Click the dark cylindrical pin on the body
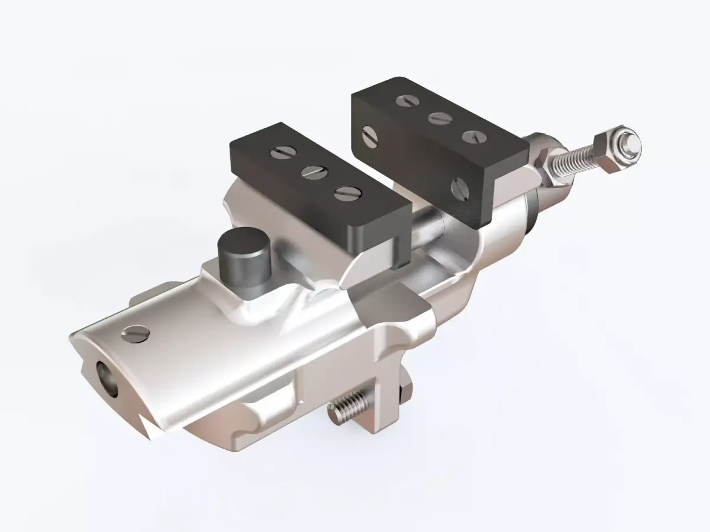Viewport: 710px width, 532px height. [x=243, y=260]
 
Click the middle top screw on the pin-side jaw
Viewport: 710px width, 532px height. [x=312, y=172]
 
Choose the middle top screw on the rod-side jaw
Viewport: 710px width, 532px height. [x=439, y=118]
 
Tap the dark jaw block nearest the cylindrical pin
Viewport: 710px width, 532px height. [x=319, y=189]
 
